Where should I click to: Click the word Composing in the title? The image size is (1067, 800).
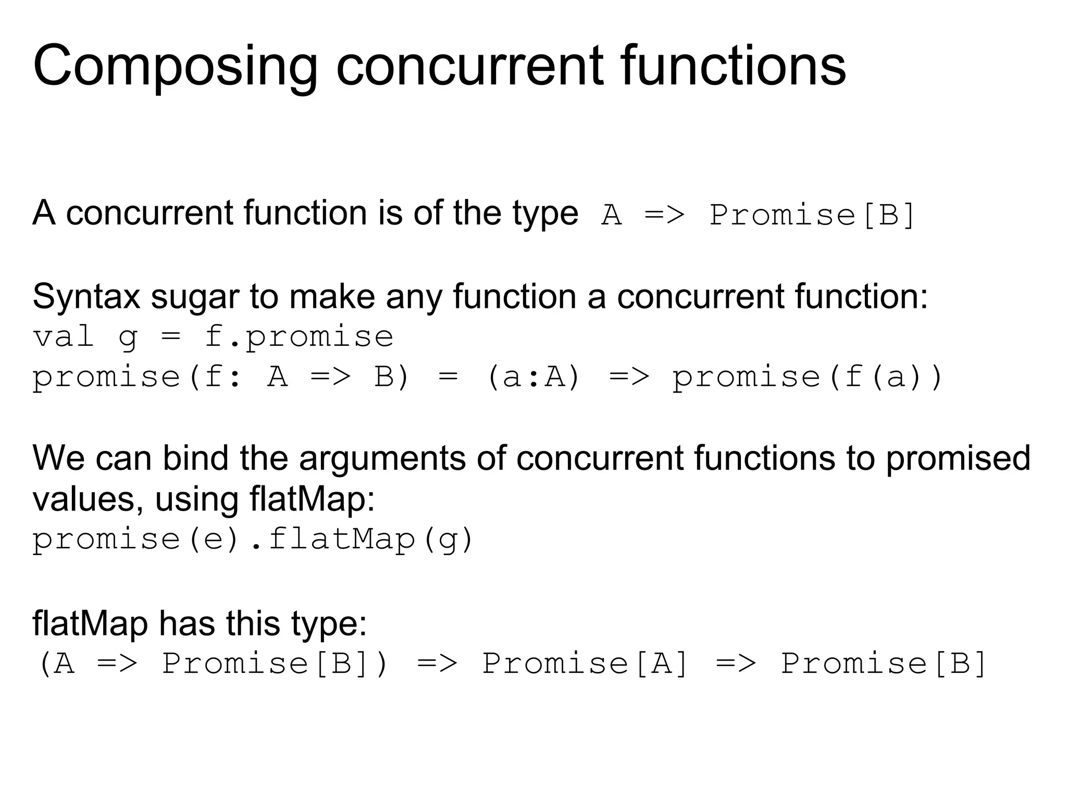coord(175,66)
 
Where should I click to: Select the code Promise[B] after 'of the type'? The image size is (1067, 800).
coord(812,215)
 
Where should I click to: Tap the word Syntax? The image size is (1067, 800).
coord(86,297)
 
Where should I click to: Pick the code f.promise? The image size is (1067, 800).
coord(299,337)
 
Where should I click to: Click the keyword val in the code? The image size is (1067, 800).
coord(63,337)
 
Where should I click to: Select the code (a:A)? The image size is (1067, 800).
coord(533,377)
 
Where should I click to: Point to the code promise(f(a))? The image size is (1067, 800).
coord(808,377)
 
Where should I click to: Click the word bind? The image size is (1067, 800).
coord(195,458)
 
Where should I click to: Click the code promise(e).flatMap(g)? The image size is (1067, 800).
coord(253,539)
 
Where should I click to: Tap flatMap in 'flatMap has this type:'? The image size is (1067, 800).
coord(90,623)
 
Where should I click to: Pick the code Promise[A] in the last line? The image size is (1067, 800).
coord(586,664)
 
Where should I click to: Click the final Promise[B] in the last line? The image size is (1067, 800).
coord(884,664)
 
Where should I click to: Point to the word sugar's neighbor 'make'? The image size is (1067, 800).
coord(332,297)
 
